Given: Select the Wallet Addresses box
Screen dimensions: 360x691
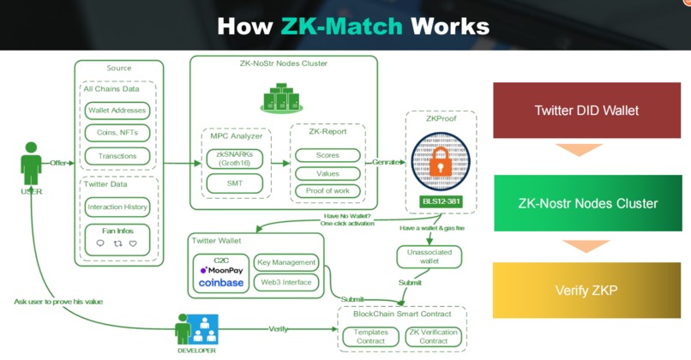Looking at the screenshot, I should (x=117, y=111).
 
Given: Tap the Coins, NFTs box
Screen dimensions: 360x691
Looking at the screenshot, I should (x=117, y=133).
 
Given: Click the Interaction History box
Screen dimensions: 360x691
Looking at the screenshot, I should (x=117, y=207).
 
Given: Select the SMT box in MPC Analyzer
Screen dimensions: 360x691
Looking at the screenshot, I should (x=234, y=183).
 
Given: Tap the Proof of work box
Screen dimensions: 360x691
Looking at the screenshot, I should (x=327, y=190).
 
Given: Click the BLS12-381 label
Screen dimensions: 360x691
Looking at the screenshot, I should (x=441, y=202).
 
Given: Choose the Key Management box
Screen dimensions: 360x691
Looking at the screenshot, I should (x=286, y=262).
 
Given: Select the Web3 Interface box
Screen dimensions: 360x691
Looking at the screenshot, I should (x=286, y=282).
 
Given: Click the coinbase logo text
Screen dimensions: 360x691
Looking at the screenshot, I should (x=221, y=282).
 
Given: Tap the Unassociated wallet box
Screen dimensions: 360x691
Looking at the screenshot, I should (x=429, y=256).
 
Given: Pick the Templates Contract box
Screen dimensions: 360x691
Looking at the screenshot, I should (x=370, y=336).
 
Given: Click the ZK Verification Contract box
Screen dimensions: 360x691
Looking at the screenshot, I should (x=433, y=336).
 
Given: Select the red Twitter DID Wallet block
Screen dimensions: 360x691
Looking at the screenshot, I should (x=586, y=111).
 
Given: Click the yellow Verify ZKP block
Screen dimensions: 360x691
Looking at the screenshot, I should (x=586, y=291).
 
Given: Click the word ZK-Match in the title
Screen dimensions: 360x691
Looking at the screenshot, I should (x=341, y=25).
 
